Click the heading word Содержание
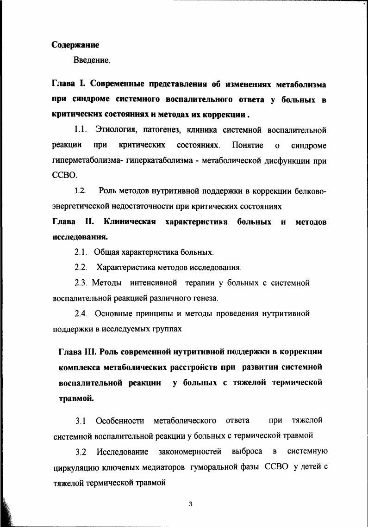point(75,45)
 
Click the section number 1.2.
point(80,190)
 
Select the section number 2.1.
point(81,252)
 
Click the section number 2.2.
point(81,267)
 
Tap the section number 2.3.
point(81,282)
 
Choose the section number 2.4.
point(81,313)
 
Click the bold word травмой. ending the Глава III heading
point(76,398)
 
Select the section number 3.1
point(81,421)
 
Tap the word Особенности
point(119,421)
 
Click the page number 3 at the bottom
point(190,504)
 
